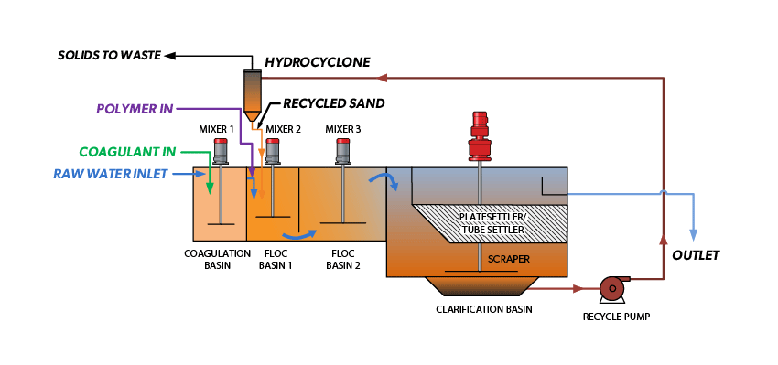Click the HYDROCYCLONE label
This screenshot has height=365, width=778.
[317, 62]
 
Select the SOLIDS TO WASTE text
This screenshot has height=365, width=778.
[109, 56]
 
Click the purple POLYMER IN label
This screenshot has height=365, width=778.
[135, 109]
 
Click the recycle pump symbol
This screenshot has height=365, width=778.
[611, 289]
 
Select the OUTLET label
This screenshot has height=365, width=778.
[696, 255]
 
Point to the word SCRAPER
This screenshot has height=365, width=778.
[509, 259]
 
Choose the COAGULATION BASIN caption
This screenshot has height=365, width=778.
[217, 259]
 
